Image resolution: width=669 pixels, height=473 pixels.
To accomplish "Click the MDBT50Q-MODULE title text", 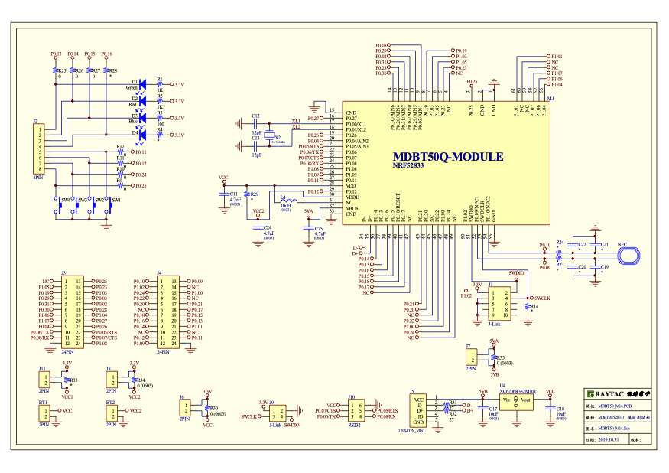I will click(x=447, y=157).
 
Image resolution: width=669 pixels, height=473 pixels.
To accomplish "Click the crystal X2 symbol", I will click(x=269, y=138).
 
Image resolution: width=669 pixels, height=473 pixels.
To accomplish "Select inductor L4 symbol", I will click(x=285, y=201).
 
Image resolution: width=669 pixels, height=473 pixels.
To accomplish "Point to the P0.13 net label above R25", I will click(x=56, y=54).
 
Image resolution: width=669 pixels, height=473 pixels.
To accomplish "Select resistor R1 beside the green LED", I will click(x=160, y=84).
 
